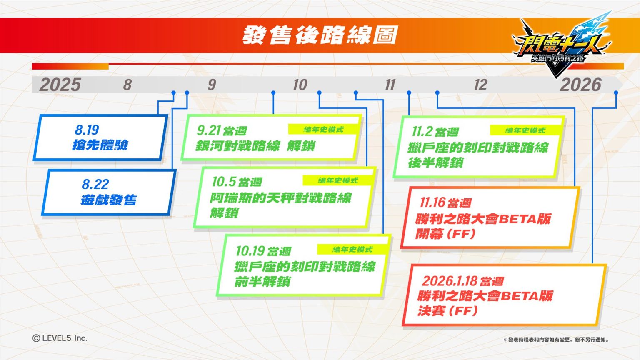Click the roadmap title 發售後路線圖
click(320, 35)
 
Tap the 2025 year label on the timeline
click(60, 85)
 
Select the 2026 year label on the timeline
click(580, 85)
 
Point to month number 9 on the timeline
click(212, 85)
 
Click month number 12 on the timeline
click(480, 85)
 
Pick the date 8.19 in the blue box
click(87, 130)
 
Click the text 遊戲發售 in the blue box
click(109, 200)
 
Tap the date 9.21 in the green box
click(209, 130)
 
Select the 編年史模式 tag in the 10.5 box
click(338, 180)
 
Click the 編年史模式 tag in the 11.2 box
click(525, 130)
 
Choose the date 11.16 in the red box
click(432, 202)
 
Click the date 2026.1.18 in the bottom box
click(449, 281)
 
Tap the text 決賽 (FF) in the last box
click(447, 311)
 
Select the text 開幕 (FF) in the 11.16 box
click(445, 234)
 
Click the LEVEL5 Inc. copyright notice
click(60, 338)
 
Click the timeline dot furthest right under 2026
click(616, 93)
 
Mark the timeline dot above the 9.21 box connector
click(273, 93)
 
